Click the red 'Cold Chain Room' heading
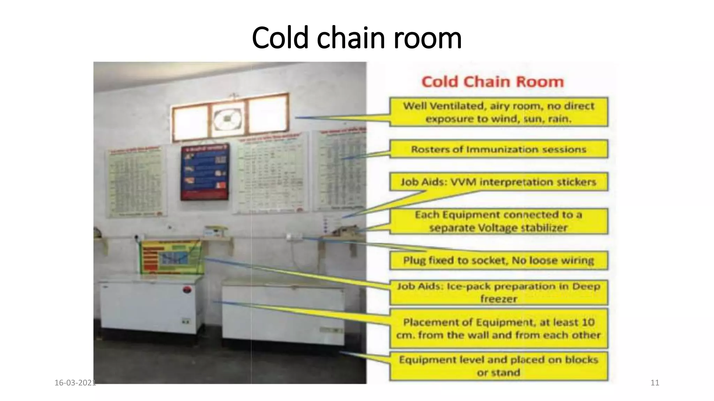pyautogui.click(x=492, y=82)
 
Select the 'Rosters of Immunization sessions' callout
pyautogui.click(x=499, y=149)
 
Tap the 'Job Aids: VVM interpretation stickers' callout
pyautogui.click(x=499, y=182)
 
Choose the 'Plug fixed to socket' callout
pyautogui.click(x=499, y=260)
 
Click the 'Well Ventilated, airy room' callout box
pyautogui.click(x=499, y=112)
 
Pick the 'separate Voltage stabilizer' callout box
pyautogui.click(x=499, y=221)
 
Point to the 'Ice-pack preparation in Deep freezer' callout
pyautogui.click(x=499, y=292)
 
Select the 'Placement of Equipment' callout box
pyautogui.click(x=499, y=328)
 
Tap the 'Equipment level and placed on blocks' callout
pyautogui.click(x=499, y=366)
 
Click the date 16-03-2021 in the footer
pyautogui.click(x=75, y=383)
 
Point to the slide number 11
pyautogui.click(x=655, y=383)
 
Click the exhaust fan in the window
pyautogui.click(x=228, y=118)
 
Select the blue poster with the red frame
pyautogui.click(x=205, y=172)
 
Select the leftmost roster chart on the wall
pyautogui.click(x=135, y=181)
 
